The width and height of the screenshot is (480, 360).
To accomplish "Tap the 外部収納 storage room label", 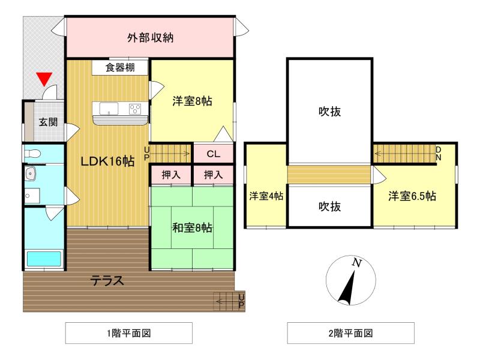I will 150,38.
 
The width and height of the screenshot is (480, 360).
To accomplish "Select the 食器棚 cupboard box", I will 120,67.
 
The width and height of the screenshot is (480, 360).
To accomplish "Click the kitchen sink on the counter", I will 109,109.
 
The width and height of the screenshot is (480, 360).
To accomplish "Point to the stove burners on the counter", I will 135,109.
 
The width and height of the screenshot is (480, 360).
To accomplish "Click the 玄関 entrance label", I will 48,122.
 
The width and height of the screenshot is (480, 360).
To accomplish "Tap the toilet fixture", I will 33,154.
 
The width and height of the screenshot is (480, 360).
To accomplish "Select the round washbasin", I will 31,173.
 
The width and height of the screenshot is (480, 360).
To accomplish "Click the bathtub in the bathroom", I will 44,259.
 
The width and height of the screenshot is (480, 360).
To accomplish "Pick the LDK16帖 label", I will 107,160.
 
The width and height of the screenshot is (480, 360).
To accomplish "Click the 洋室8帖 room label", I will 192,101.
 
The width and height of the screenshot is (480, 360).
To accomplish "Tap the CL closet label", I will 213,154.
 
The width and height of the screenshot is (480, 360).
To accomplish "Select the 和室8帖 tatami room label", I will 192,228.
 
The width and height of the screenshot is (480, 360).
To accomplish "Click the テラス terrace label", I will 107,280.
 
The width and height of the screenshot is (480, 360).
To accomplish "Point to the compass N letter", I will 356,263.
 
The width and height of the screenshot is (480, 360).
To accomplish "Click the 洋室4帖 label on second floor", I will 266,196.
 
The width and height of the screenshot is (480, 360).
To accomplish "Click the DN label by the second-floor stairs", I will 439,153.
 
